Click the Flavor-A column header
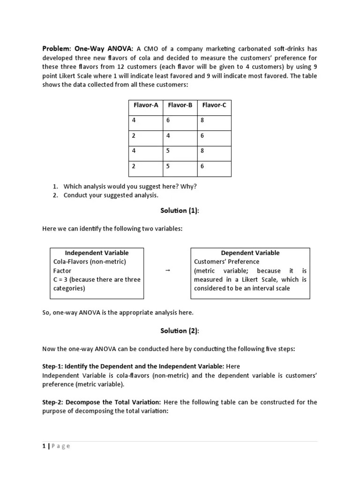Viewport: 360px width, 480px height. pos(146,105)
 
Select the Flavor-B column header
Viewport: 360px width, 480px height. pos(180,105)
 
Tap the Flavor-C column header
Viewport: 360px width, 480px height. pos(214,105)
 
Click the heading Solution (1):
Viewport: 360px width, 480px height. pos(180,210)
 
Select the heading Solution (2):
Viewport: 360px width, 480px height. pos(180,331)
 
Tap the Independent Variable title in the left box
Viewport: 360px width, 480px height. pos(97,253)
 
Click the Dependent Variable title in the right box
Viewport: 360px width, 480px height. pos(250,253)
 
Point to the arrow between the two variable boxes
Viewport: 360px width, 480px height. pos(167,271)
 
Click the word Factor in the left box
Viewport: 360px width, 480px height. pos(62,270)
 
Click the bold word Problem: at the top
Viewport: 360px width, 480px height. pos(56,49)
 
